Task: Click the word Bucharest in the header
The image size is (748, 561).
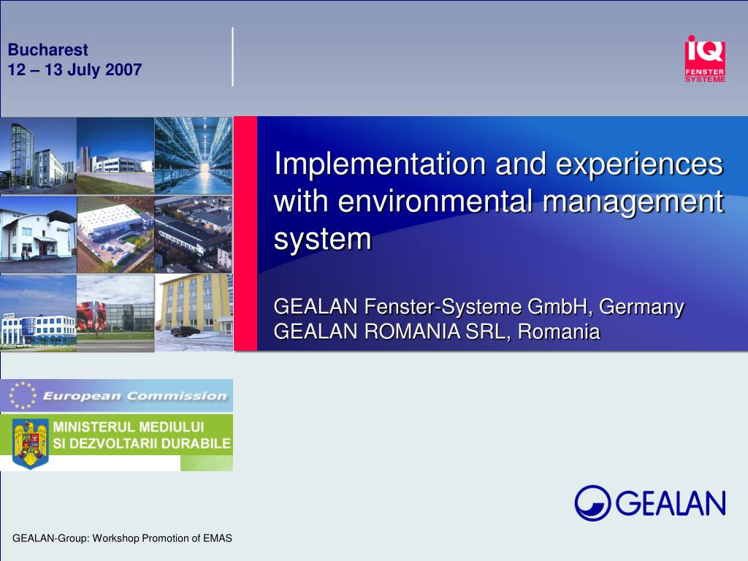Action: click(x=47, y=50)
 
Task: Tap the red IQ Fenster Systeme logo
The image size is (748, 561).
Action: click(x=705, y=59)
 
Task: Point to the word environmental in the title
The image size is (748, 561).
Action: click(x=435, y=201)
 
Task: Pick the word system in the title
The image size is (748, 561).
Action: click(x=322, y=240)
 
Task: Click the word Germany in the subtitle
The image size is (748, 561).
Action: click(x=641, y=308)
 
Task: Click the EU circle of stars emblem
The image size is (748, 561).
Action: click(x=23, y=395)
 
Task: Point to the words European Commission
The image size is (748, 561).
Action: click(x=134, y=396)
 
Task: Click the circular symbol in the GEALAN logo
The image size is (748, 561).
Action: click(x=592, y=503)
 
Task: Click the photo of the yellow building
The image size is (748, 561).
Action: click(x=194, y=313)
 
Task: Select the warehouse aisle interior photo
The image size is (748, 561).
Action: click(x=194, y=156)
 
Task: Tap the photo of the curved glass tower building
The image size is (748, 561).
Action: click(x=38, y=156)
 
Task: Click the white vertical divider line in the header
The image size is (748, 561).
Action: click(x=233, y=57)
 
